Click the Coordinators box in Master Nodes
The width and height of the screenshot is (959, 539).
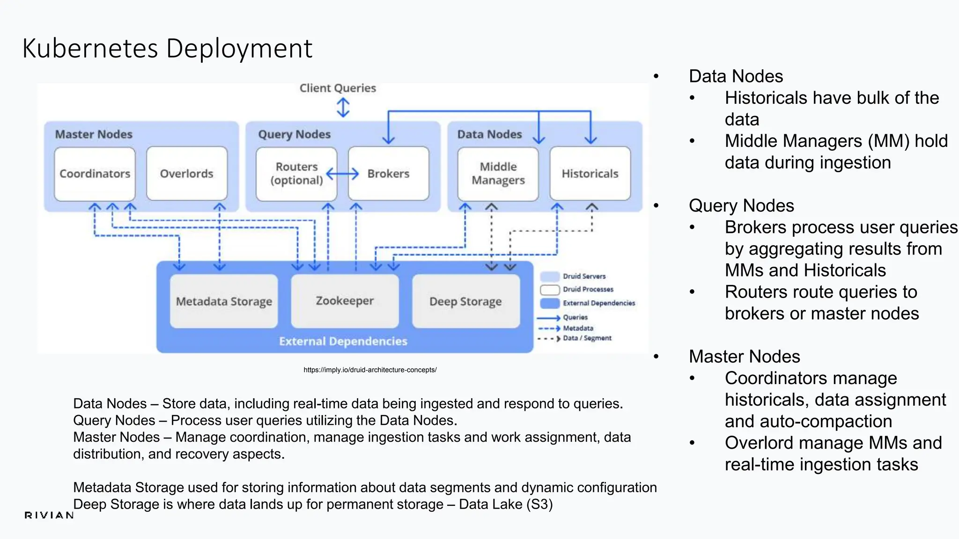click(95, 174)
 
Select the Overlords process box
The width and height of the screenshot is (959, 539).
click(187, 174)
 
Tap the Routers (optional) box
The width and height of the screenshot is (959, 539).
click(296, 174)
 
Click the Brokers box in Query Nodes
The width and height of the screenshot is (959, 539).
click(389, 174)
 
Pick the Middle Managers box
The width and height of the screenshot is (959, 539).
click(498, 174)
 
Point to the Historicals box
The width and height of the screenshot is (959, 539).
click(590, 174)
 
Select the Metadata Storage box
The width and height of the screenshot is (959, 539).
click(224, 301)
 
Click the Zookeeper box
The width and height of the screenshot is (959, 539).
click(345, 301)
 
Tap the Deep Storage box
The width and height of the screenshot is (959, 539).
click(465, 301)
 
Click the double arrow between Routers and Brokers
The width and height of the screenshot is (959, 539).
click(342, 174)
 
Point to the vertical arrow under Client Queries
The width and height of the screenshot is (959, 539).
click(343, 107)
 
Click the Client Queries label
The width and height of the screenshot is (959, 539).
click(338, 88)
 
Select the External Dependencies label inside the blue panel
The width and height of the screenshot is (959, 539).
click(343, 341)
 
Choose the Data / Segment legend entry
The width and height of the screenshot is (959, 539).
click(587, 338)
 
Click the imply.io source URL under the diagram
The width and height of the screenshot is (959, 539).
click(370, 370)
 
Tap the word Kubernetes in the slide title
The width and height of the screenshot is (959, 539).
click(90, 48)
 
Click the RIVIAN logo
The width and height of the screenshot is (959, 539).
click(49, 515)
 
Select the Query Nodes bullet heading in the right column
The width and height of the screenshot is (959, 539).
click(741, 206)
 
